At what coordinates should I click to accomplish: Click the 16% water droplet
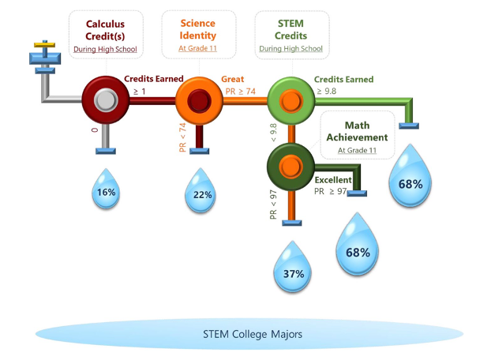(106, 189)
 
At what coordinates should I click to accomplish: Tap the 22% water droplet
(201, 191)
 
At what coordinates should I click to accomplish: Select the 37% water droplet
(293, 268)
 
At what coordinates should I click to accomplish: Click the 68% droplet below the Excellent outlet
(358, 245)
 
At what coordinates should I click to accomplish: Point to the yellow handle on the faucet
(44, 45)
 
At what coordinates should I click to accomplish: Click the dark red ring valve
(106, 100)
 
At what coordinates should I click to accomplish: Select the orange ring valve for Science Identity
(199, 101)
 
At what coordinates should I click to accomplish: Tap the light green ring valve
(291, 101)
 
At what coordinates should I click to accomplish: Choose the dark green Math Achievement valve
(290, 167)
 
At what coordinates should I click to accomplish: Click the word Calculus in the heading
(105, 24)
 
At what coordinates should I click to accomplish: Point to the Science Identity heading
(198, 29)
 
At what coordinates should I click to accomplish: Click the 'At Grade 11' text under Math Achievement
(357, 150)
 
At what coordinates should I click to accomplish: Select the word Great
(232, 79)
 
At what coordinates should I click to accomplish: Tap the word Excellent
(333, 180)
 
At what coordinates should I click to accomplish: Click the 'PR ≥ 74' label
(241, 91)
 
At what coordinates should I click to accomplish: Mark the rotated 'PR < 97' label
(273, 204)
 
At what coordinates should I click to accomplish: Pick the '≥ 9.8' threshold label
(327, 91)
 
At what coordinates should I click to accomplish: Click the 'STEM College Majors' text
(253, 334)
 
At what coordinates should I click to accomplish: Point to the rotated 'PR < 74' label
(182, 137)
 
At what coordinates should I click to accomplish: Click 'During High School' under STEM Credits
(291, 49)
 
